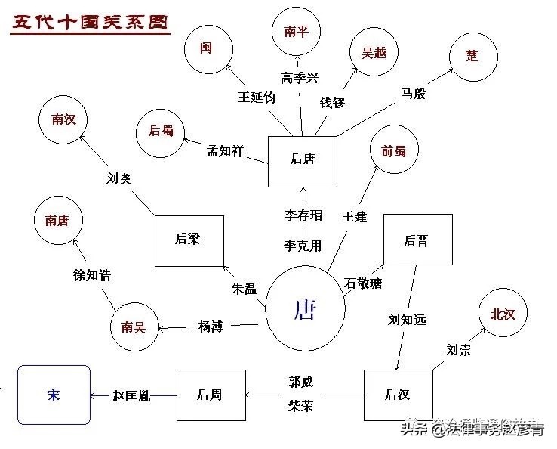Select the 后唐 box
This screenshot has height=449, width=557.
pyautogui.click(x=303, y=159)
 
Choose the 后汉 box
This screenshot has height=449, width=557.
pyautogui.click(x=397, y=395)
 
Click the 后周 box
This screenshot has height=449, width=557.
pyautogui.click(x=211, y=395)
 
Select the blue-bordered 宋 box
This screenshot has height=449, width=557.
pyautogui.click(x=54, y=395)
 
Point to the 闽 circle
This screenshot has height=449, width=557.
pyautogui.click(x=207, y=48)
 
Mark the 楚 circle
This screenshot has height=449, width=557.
pyautogui.click(x=472, y=56)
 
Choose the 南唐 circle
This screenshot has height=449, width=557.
pyautogui.click(x=58, y=221)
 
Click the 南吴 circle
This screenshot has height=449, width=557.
pyautogui.click(x=134, y=327)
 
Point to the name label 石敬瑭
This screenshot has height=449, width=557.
pyautogui.click(x=363, y=284)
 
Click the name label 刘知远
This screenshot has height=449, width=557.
pyautogui.click(x=408, y=320)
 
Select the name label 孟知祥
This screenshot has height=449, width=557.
pyautogui.click(x=226, y=150)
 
